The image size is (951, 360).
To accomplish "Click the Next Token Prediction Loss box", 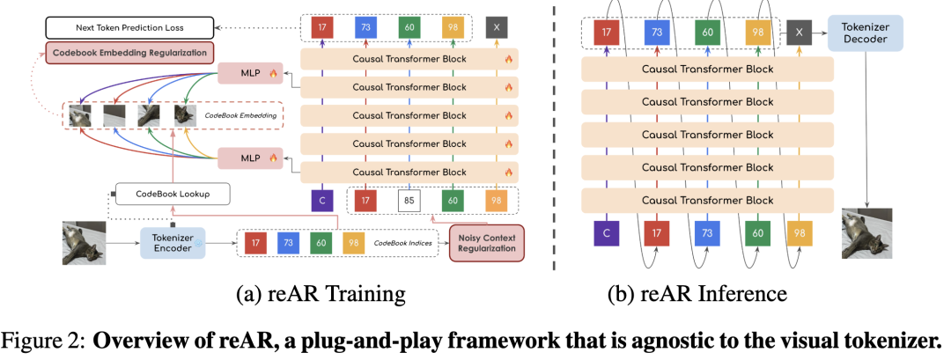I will tap(129, 27).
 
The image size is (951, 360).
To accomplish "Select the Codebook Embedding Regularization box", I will tap(129, 52).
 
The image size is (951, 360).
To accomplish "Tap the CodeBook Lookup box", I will tap(172, 193).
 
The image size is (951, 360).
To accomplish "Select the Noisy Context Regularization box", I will tap(486, 243).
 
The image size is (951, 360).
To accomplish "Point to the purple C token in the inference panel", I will tap(604, 233).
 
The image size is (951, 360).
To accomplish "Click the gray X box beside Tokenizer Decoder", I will tap(799, 33).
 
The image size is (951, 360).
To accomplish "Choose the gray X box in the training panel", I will tap(497, 27).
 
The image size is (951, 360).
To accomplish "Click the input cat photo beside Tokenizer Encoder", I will tap(83, 242).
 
